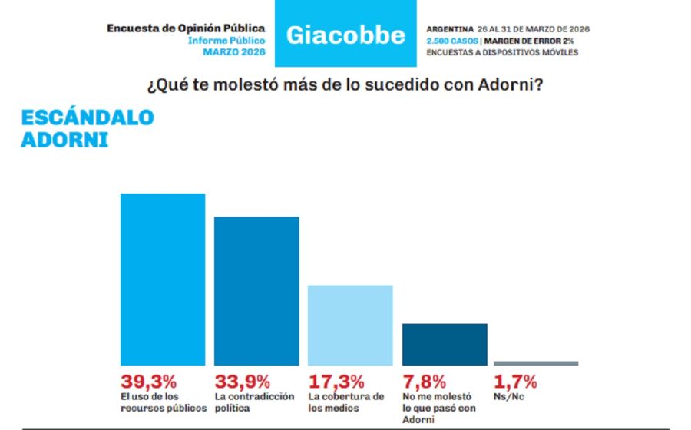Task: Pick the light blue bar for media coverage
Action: coord(350,325)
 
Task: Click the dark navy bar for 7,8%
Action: coord(445,344)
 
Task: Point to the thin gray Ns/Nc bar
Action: coord(536,363)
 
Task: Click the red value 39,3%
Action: coord(149,382)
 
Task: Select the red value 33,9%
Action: coord(243,382)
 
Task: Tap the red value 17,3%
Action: coord(336,382)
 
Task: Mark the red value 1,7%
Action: coord(515,382)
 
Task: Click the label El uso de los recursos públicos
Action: coord(163,402)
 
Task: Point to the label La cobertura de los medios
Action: coord(345,402)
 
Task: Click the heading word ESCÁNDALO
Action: coord(87,117)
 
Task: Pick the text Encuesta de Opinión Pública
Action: coord(186,28)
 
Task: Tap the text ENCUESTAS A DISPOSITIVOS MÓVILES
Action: coord(501,52)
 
